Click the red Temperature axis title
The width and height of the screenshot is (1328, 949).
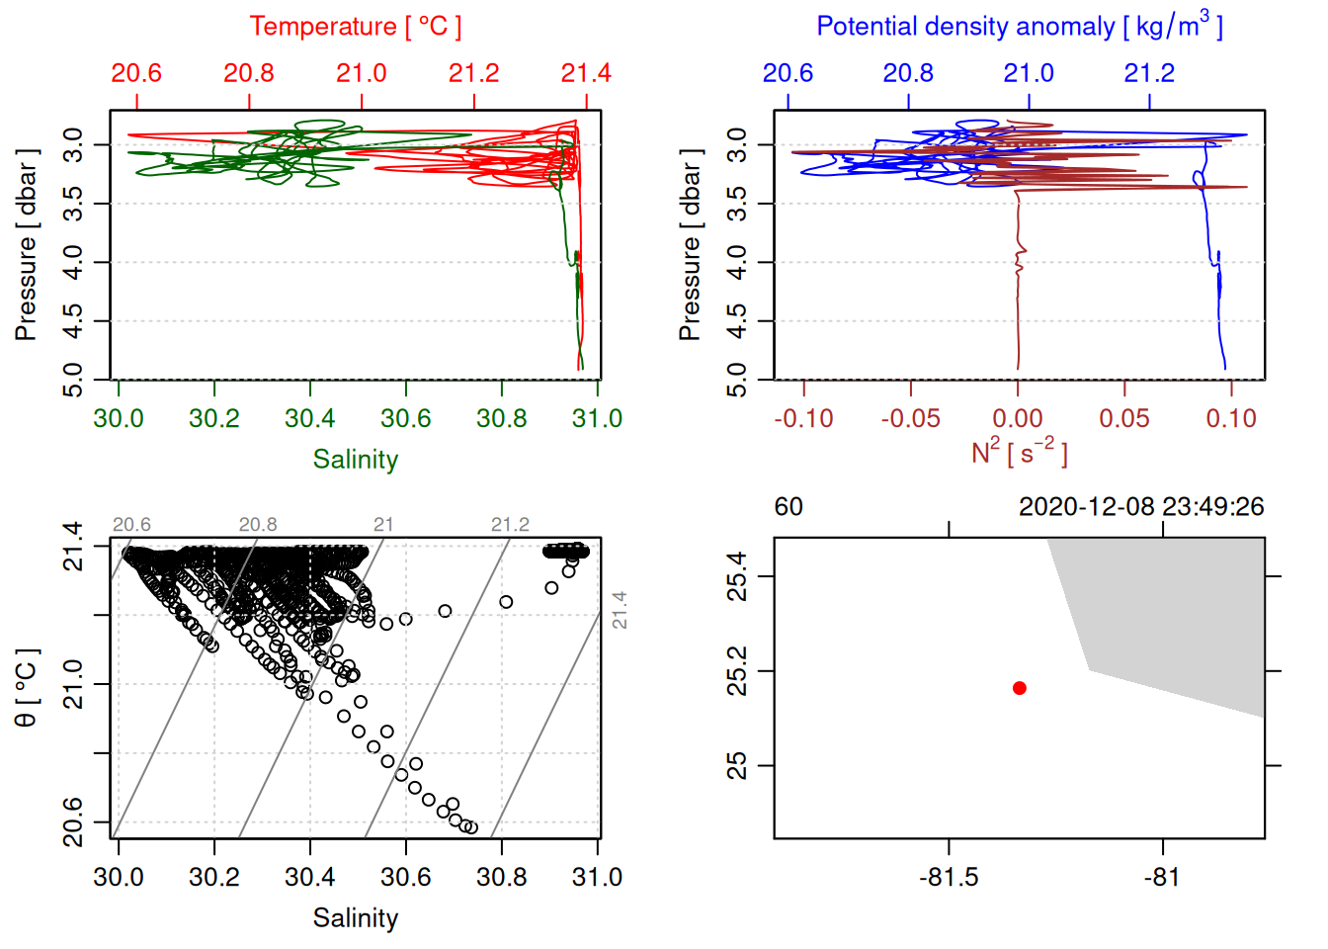point(355,27)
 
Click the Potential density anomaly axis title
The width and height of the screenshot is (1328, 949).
point(1019,27)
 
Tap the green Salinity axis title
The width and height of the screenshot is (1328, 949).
point(355,460)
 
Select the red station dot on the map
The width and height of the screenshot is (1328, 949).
point(1020,688)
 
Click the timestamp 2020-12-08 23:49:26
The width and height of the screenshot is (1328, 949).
point(1141,507)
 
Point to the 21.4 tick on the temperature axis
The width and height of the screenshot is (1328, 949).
point(586,73)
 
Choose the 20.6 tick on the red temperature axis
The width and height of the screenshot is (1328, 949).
point(136,73)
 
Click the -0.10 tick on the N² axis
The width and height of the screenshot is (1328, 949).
point(803,418)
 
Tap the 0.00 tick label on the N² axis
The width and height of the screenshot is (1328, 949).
point(1018,418)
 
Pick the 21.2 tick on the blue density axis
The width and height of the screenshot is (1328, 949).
point(1149,73)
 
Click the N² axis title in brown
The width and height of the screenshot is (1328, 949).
point(1019,452)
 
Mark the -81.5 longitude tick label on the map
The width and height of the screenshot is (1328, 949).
point(949,877)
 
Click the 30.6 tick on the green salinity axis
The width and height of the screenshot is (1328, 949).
point(406,418)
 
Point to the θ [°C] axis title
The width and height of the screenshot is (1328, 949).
point(27,688)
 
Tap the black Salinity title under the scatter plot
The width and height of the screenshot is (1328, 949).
point(355,918)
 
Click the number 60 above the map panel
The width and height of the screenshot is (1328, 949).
point(788,507)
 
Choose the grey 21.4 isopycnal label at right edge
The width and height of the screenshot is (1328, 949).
point(620,610)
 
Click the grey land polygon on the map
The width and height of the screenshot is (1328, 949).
point(1176,613)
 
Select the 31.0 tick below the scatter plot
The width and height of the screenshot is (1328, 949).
point(597,877)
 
